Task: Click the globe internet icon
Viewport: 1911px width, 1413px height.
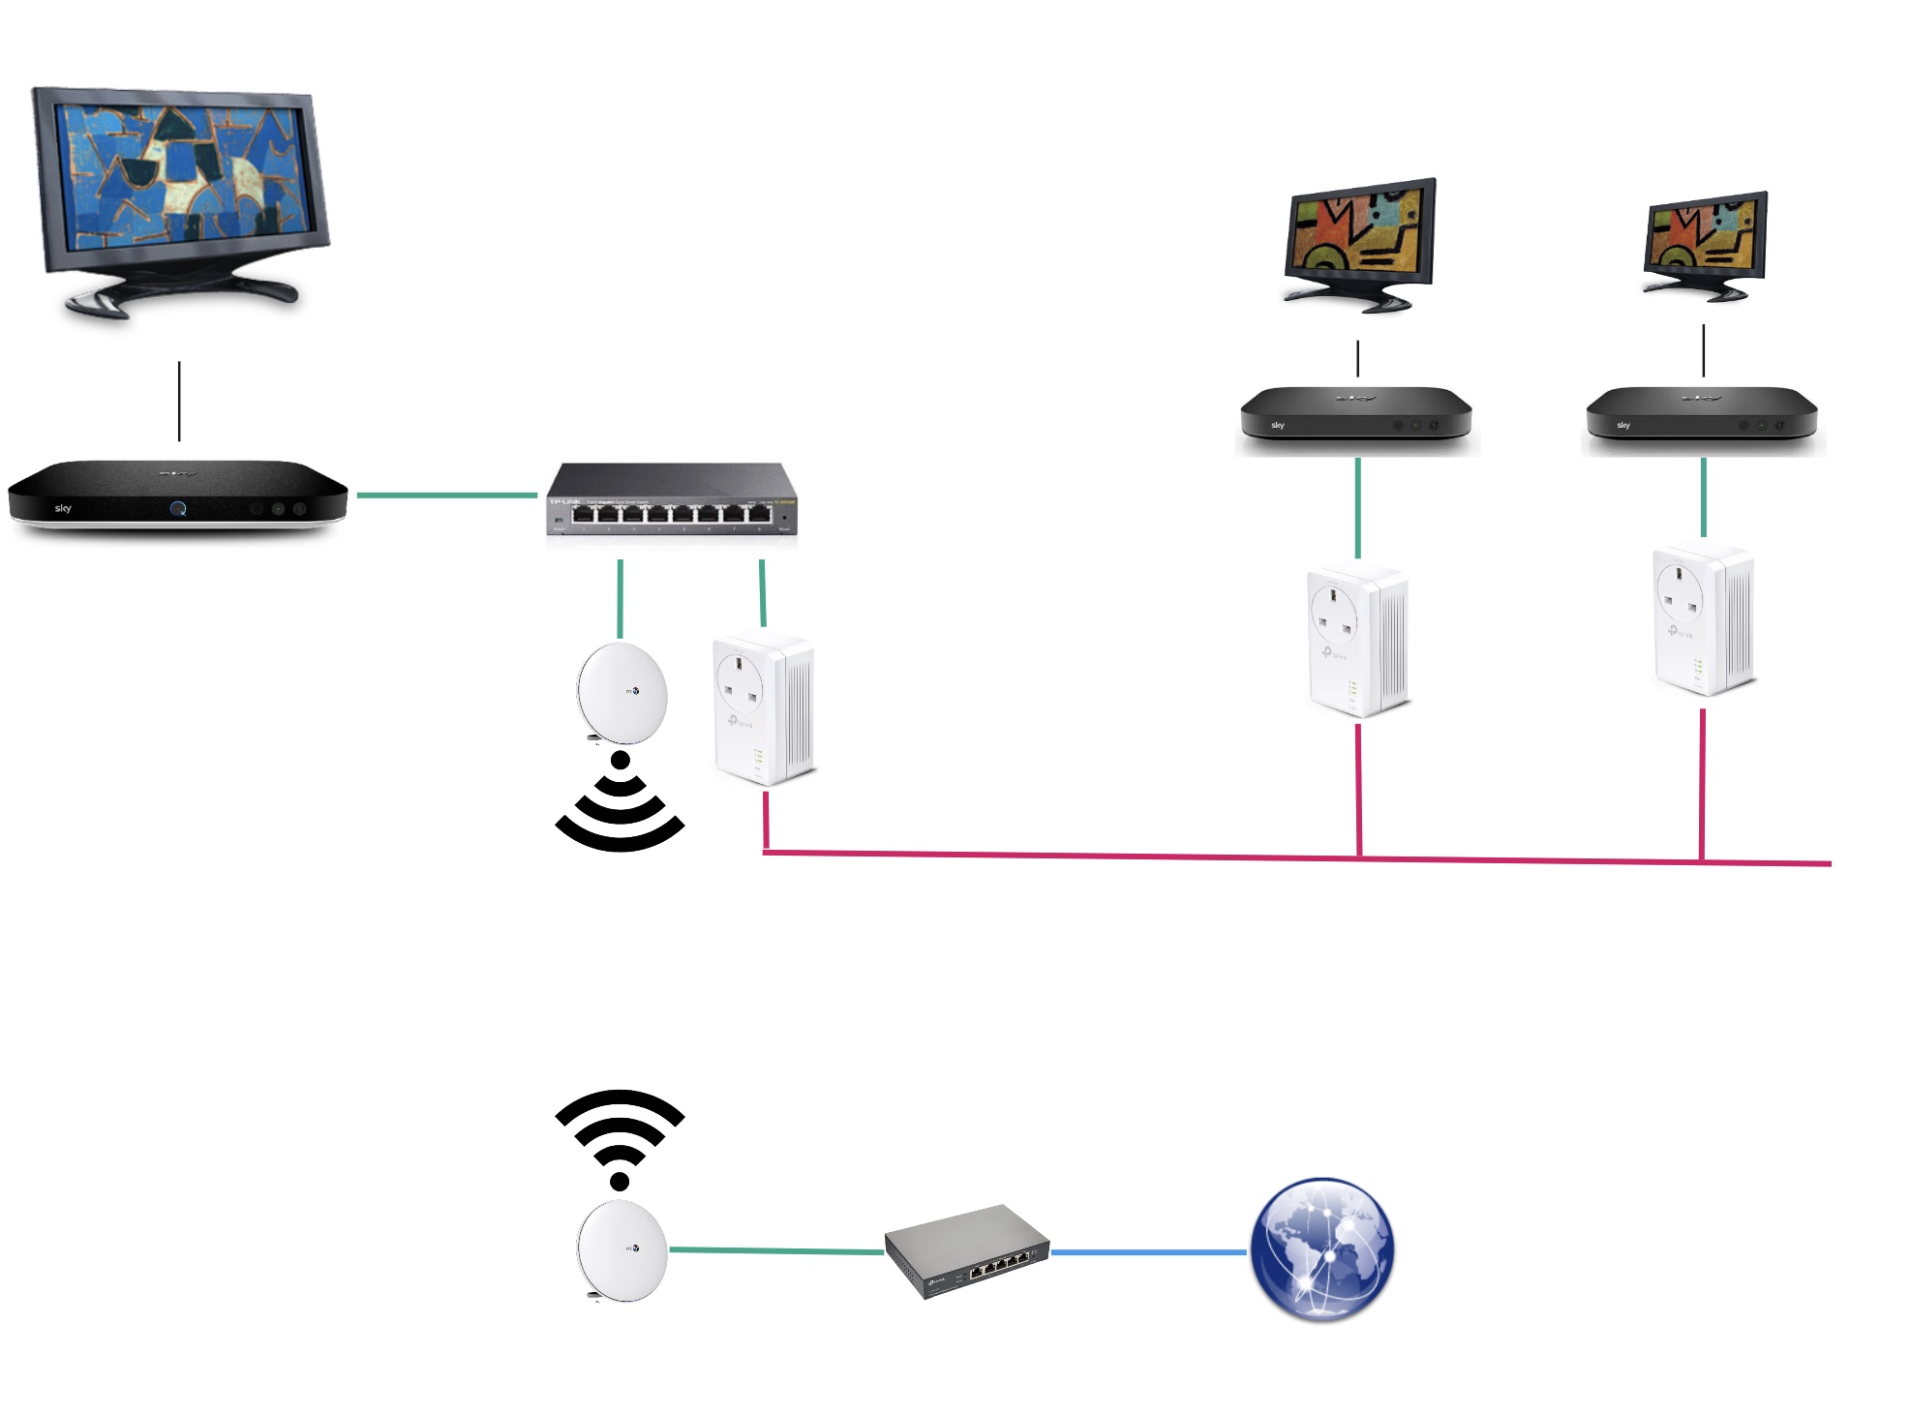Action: (x=1322, y=1248)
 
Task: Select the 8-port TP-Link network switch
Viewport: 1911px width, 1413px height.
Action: (x=672, y=499)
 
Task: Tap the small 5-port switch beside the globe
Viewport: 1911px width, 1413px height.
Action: (x=967, y=1250)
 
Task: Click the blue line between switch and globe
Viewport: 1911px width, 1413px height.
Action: (x=1149, y=1252)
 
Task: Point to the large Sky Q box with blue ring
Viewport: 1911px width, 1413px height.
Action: (x=177, y=497)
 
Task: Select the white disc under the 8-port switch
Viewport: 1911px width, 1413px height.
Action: (x=622, y=693)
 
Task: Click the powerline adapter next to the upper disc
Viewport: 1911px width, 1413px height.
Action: (x=764, y=708)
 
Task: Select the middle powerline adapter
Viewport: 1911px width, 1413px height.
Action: (x=1357, y=642)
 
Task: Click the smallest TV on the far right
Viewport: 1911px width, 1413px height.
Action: (x=1706, y=246)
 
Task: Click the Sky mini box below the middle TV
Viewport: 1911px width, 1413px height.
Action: (x=1356, y=414)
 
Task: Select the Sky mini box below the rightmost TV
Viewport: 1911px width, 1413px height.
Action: (x=1702, y=414)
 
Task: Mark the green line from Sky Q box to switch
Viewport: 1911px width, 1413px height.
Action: (x=446, y=496)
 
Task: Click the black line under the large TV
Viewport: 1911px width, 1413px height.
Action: (x=179, y=401)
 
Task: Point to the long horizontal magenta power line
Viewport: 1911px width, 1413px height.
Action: (x=1065, y=856)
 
